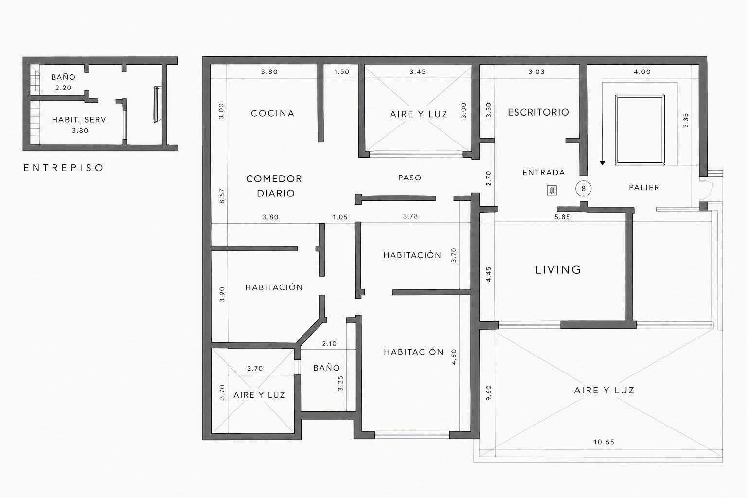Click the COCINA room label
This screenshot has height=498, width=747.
click(x=273, y=113)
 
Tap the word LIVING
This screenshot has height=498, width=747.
click(x=558, y=269)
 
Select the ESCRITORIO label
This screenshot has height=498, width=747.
click(x=538, y=112)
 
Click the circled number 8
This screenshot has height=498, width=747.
click(x=583, y=189)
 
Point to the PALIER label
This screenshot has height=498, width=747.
click(x=644, y=187)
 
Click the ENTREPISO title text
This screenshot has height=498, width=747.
click(x=63, y=168)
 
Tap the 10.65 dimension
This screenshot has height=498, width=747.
click(x=604, y=442)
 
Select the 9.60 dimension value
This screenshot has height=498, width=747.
click(x=489, y=393)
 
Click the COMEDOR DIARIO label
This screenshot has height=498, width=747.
click(x=274, y=186)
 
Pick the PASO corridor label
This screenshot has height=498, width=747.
click(x=410, y=178)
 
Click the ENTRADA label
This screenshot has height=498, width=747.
click(x=544, y=173)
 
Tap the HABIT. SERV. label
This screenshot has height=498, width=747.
click(x=80, y=120)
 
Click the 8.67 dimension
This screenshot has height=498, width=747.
click(x=222, y=196)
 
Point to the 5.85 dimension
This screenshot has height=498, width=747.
click(x=562, y=217)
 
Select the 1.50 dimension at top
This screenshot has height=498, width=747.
click(x=341, y=71)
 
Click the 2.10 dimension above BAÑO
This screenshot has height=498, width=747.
click(x=329, y=344)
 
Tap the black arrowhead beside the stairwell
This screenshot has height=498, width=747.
click(x=602, y=163)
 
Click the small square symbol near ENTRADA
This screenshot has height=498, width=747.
click(x=552, y=190)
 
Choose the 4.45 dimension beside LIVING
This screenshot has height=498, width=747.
click(x=489, y=274)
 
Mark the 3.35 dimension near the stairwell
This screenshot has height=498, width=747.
click(x=686, y=121)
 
